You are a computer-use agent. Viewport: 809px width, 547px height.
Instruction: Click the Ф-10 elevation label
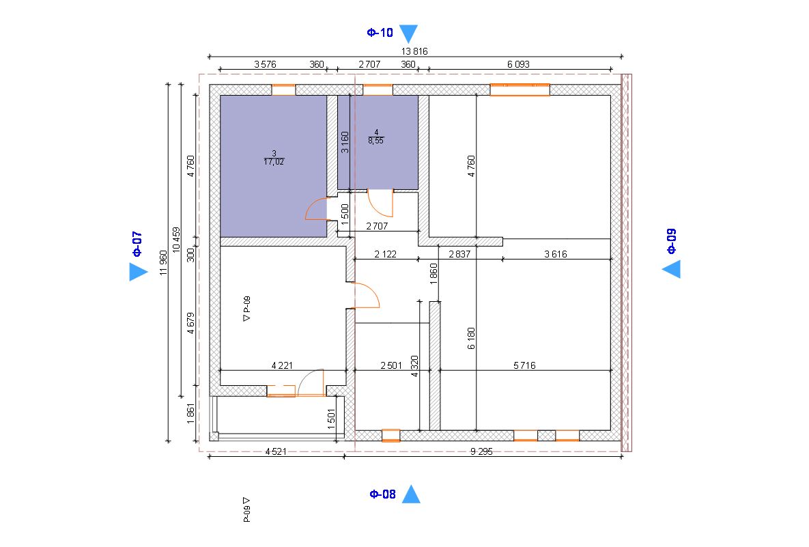coord(380,33)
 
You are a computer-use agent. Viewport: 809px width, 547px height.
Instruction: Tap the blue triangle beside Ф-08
coord(411,494)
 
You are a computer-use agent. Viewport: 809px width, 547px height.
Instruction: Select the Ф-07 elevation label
coord(137,244)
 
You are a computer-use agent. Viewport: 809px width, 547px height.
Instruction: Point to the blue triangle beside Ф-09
coord(671,269)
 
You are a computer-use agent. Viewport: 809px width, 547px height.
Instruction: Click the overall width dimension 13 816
coord(414,51)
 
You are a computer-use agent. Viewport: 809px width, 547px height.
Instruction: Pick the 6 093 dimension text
coord(518,64)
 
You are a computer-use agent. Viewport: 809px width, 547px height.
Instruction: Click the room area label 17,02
coord(274,162)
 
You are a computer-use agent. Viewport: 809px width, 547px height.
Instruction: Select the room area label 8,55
coord(376,141)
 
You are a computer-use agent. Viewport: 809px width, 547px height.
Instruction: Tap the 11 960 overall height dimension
coord(164,263)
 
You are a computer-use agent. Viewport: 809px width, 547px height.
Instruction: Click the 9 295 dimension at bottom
coord(481,451)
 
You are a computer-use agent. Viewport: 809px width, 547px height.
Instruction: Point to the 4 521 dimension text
coord(276,451)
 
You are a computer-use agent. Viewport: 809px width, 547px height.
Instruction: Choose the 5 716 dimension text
coord(524,365)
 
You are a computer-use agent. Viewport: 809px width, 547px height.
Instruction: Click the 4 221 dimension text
coord(282,365)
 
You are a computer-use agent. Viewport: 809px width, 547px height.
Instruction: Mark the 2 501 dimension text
coord(391,365)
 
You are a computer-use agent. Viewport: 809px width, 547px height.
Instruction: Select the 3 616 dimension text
coord(556,254)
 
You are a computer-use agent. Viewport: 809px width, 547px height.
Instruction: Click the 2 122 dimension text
coord(386,254)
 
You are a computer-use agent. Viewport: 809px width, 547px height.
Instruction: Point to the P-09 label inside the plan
coord(246,309)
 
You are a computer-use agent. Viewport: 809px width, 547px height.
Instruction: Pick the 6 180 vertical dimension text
coord(471,339)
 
